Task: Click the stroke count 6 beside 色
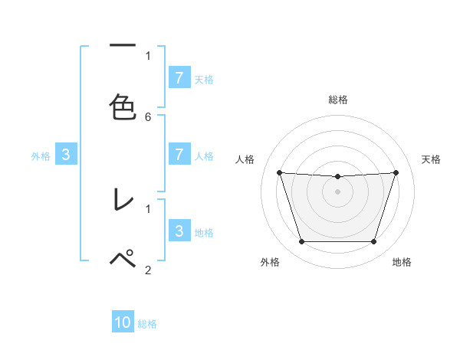[148, 116]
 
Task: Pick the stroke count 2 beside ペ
[148, 269]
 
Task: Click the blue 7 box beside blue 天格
[179, 77]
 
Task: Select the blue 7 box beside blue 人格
[179, 154]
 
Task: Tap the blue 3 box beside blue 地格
[179, 231]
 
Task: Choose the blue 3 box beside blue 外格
[66, 154]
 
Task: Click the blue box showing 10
[123, 322]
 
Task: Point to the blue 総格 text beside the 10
[147, 324]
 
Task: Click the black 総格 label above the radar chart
[338, 100]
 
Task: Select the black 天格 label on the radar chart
[432, 159]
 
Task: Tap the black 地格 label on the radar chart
[402, 263]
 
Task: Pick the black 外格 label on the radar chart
[270, 263]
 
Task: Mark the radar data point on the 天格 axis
[396, 172]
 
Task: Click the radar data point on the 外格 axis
[301, 242]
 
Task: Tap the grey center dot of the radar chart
[338, 191]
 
